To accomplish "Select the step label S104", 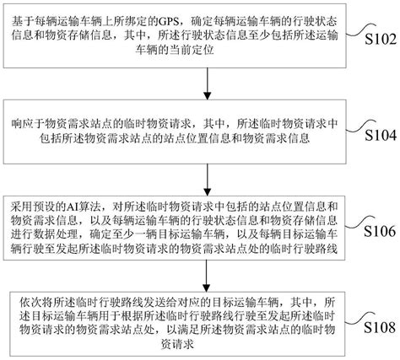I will coord(377,133).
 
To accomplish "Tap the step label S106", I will coord(377,228).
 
